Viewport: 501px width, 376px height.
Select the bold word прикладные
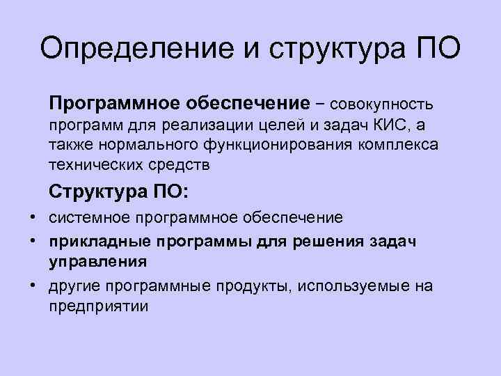(x=99, y=241)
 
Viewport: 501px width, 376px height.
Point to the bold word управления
(x=97, y=261)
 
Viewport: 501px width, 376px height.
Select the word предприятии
(x=98, y=305)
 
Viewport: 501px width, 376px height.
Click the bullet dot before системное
(x=33, y=217)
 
